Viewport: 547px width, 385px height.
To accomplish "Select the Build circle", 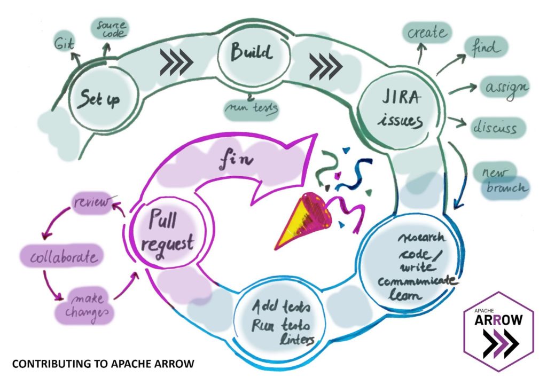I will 254,53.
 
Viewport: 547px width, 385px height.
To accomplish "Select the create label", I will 427,33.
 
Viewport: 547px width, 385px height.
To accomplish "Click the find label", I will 485,49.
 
